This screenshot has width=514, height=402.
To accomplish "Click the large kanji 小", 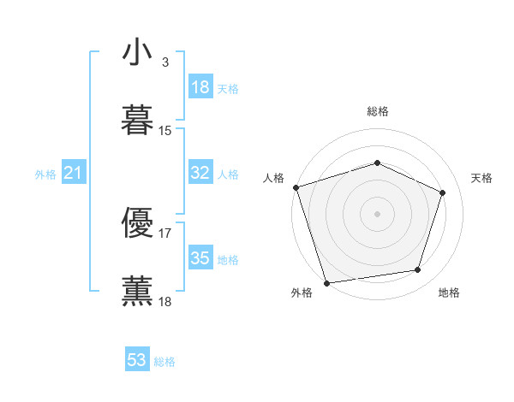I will pyautogui.click(x=137, y=53).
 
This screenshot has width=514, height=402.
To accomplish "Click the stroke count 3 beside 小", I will pyautogui.click(x=164, y=62).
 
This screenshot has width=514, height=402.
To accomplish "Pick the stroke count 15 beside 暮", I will pyautogui.click(x=165, y=131).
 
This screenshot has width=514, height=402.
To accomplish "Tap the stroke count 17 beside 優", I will pyautogui.click(x=165, y=232).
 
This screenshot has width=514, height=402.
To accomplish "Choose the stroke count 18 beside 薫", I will pyautogui.click(x=165, y=301).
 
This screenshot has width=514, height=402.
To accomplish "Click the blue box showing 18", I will pyautogui.click(x=200, y=87).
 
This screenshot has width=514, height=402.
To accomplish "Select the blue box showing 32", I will pyautogui.click(x=200, y=173).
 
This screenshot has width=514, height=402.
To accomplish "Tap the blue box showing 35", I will pyautogui.click(x=200, y=258).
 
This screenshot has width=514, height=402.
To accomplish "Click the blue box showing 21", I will pyautogui.click(x=74, y=174).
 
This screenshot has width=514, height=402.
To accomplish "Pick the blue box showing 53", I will pyautogui.click(x=137, y=360).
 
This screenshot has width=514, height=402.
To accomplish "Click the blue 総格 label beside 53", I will pyautogui.click(x=164, y=362).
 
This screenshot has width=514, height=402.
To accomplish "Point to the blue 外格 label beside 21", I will pyautogui.click(x=45, y=174).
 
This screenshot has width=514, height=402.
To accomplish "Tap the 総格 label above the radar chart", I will pyautogui.click(x=377, y=111).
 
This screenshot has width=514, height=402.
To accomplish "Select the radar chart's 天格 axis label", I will pyautogui.click(x=481, y=178).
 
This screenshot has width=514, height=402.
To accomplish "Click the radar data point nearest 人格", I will pyautogui.click(x=296, y=186).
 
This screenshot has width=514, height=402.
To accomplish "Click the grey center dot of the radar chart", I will pyautogui.click(x=377, y=213).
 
